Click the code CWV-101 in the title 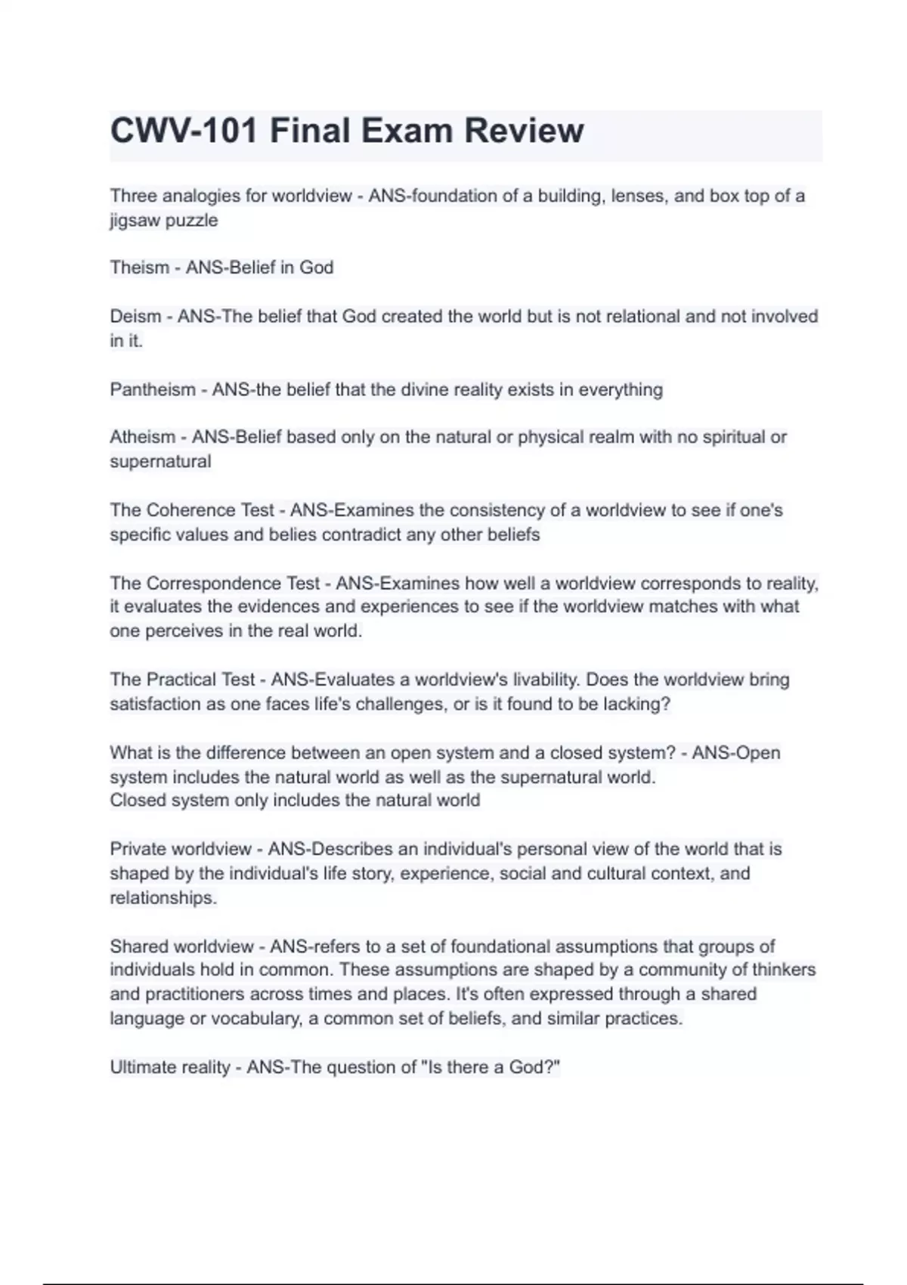click(x=184, y=131)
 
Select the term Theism click(x=139, y=268)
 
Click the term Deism click(x=135, y=316)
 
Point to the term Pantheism click(x=152, y=389)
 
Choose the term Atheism click(x=142, y=437)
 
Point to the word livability click(x=546, y=680)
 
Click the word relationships click(x=163, y=898)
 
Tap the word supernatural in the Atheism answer click(x=160, y=462)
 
